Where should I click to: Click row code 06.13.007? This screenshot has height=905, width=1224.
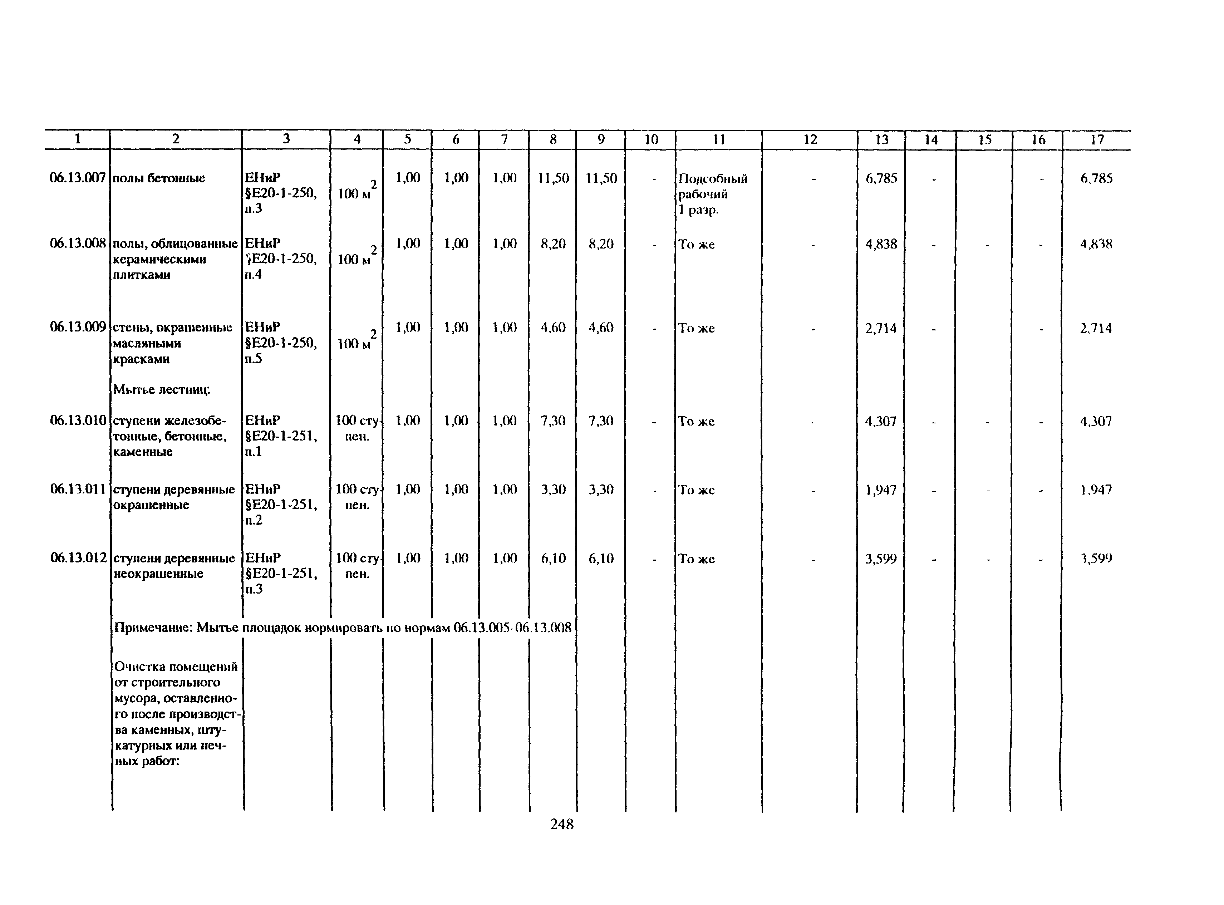pos(77,178)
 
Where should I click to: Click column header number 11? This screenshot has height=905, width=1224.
pos(718,140)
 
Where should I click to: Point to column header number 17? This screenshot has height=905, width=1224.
pos(1097,140)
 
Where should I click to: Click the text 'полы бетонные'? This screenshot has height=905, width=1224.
pos(159,178)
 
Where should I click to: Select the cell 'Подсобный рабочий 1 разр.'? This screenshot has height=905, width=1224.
pos(712,194)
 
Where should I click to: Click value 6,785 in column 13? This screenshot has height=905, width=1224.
pos(881,178)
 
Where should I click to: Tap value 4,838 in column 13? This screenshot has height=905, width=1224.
pos(881,244)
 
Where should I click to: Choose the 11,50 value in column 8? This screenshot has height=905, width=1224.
pos(553,178)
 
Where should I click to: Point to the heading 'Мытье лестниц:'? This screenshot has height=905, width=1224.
pos(162,389)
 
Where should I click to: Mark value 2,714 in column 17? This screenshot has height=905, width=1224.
pos(1096,329)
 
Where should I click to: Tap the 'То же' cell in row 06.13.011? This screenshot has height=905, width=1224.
pos(696,490)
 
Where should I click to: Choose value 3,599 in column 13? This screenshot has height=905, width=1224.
pos(881,559)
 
